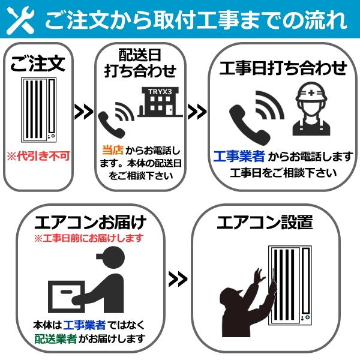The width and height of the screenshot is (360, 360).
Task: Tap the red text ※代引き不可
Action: click(38, 156)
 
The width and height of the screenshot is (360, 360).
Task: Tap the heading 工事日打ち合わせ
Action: click(284, 68)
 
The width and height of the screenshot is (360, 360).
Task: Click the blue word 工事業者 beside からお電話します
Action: click(239, 157)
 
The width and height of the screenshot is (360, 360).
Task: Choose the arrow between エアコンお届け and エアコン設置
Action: click(178, 278)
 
